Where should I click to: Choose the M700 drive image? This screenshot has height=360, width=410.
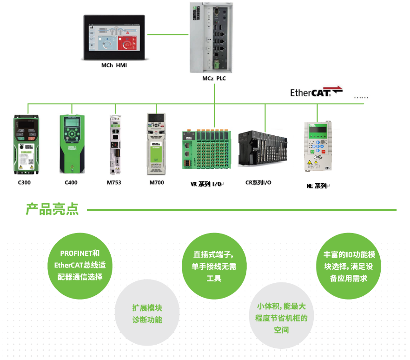point(157,144)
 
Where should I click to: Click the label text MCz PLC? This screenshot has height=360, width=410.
point(214,78)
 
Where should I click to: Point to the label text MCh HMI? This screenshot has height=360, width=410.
point(114,66)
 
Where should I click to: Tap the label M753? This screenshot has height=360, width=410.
point(114,182)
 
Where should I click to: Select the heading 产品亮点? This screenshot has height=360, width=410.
point(52,209)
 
